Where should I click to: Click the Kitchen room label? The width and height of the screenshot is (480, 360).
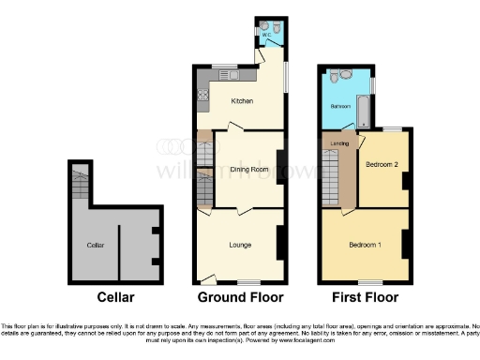(x=242, y=103)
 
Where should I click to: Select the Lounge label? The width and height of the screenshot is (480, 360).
(x=240, y=245)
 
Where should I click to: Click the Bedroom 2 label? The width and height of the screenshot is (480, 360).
(x=382, y=164)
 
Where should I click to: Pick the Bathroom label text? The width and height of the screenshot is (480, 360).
(x=338, y=106)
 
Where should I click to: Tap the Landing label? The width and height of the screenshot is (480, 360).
(x=340, y=143)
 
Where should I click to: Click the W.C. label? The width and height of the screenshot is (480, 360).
(x=266, y=27)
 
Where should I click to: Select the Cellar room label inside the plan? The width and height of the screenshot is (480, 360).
(x=95, y=245)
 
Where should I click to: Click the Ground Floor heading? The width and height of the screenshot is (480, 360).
(x=239, y=298)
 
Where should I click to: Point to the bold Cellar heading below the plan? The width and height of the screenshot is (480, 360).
(x=116, y=298)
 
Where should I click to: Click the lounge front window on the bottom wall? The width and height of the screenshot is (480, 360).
(x=247, y=282)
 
